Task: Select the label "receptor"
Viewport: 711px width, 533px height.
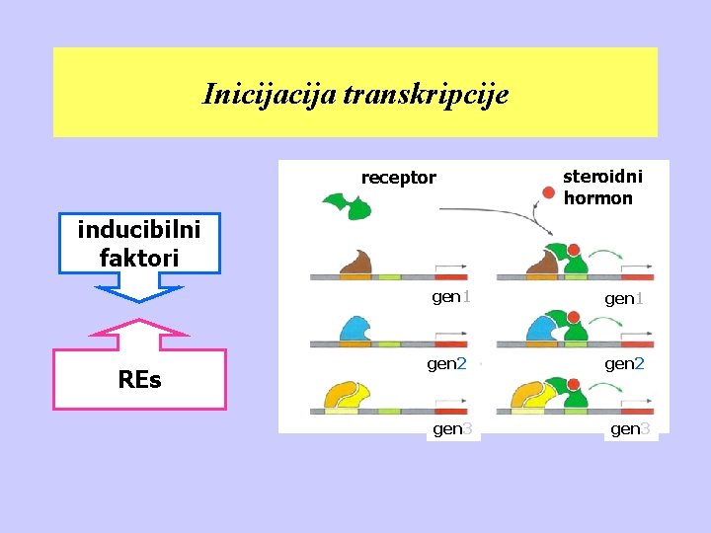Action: coord(398,178)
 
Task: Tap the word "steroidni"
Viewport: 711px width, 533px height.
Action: coord(602,177)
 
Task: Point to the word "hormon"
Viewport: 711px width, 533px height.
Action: coord(598,198)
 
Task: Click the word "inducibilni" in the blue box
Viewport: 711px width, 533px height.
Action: coord(139,230)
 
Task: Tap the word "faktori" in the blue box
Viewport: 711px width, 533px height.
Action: coord(139,258)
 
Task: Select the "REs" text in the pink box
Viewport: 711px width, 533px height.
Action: coord(139,380)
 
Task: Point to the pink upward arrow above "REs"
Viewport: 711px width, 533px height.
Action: coord(139,334)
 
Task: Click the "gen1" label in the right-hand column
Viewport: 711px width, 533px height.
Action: coord(624,298)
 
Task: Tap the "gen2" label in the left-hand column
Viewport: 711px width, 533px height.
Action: coord(446,363)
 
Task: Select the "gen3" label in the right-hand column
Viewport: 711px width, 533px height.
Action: coord(630,428)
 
